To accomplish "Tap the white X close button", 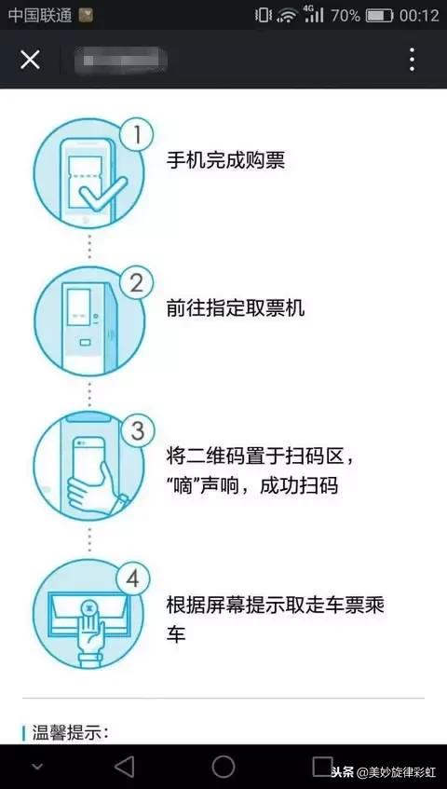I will coord(31,60).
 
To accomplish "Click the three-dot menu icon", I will coord(412,60).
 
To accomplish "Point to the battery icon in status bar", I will coord(379,15).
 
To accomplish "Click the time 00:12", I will coord(418,15).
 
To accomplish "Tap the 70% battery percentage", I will coord(345,15).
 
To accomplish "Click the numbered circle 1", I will coord(137,135).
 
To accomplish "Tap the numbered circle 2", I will coord(137,282).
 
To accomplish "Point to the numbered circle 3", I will coord(137,430).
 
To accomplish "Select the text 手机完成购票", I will coord(224,160).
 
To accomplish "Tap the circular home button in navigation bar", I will coord(223,766).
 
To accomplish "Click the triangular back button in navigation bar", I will coord(123,766).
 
